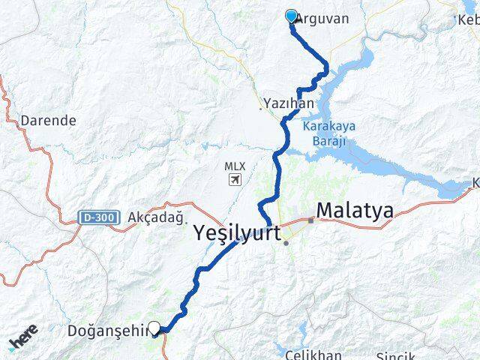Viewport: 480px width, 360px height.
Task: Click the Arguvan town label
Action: [323, 18]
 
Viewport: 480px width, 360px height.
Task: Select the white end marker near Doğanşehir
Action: [154, 327]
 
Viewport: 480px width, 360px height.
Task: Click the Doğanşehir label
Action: [108, 330]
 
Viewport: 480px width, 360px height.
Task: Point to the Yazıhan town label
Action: [288, 103]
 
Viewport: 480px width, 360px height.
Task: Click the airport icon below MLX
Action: [235, 180]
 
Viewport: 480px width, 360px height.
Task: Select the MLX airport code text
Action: [234, 166]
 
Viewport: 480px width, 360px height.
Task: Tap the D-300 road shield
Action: [97, 217]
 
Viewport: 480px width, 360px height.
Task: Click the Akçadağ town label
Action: [156, 217]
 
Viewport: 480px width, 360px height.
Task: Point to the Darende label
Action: [49, 120]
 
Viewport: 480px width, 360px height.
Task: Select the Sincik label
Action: [394, 354]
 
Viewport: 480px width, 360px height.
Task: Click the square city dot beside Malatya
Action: [310, 220]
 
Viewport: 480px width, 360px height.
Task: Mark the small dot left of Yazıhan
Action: [261, 109]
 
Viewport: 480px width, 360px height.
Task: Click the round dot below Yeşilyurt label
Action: [286, 242]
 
